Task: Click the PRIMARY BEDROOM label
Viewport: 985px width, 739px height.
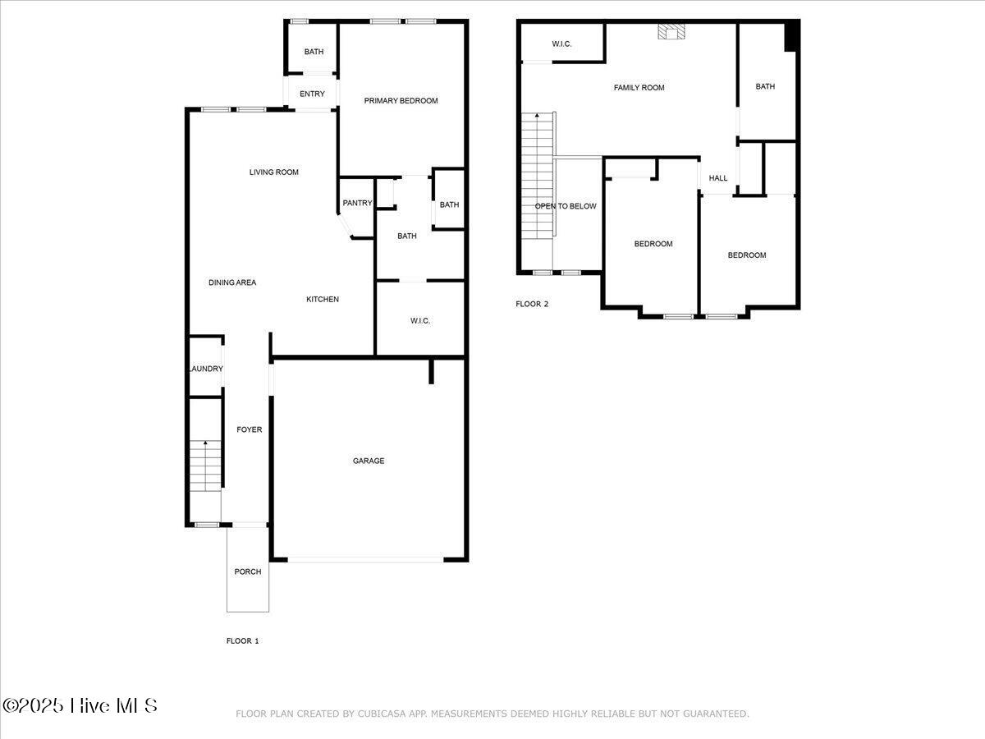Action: pyautogui.click(x=401, y=101)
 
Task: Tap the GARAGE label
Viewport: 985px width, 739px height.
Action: pyautogui.click(x=369, y=461)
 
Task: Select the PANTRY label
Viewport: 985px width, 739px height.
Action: pyautogui.click(x=357, y=204)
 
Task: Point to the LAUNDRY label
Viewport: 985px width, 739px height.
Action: pyautogui.click(x=205, y=369)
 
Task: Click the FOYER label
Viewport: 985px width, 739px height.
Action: pyautogui.click(x=249, y=430)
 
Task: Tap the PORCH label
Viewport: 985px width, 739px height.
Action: pyautogui.click(x=248, y=572)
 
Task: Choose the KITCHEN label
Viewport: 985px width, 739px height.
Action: pyautogui.click(x=323, y=300)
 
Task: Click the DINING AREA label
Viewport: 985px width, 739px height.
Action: pyautogui.click(x=232, y=283)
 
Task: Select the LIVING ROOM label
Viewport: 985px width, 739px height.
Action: pyautogui.click(x=274, y=172)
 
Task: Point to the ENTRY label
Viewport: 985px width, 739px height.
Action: pyautogui.click(x=312, y=94)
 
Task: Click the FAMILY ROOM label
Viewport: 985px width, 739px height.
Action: pyautogui.click(x=639, y=88)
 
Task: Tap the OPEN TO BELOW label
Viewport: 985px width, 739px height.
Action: pyautogui.click(x=566, y=206)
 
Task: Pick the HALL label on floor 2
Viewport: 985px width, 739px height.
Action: pyautogui.click(x=718, y=178)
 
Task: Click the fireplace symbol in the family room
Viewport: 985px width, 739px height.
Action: pyautogui.click(x=671, y=32)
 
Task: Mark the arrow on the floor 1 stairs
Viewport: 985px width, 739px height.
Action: pyautogui.click(x=205, y=444)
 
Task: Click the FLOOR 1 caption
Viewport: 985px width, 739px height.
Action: pyautogui.click(x=243, y=641)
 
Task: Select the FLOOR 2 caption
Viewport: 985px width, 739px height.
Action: pyautogui.click(x=532, y=305)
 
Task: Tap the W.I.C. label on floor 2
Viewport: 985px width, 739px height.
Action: pyautogui.click(x=561, y=44)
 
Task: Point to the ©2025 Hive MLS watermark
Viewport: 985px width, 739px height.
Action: pyautogui.click(x=80, y=705)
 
